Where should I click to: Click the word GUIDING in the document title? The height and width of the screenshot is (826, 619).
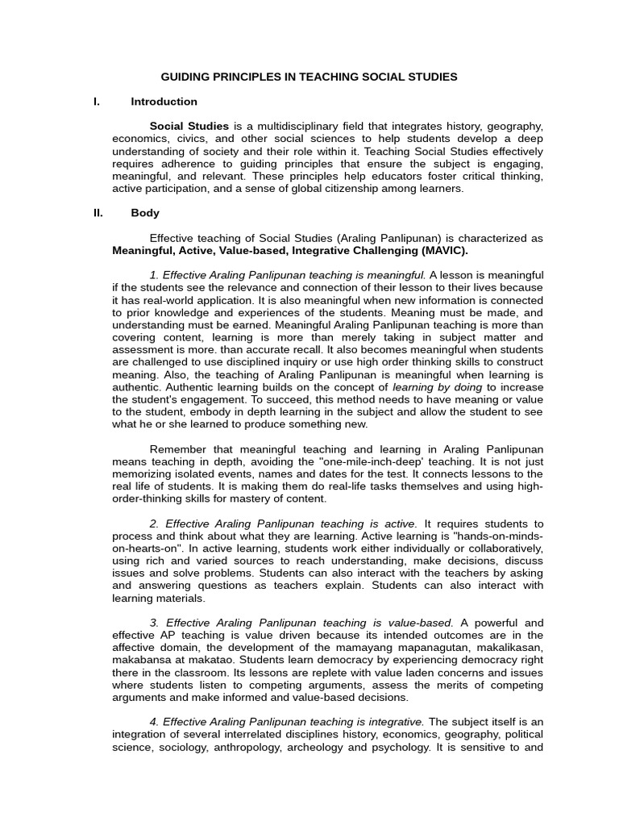pos(184,77)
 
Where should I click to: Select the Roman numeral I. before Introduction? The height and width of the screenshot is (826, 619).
pos(97,102)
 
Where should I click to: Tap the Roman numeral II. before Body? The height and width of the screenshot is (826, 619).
pos(98,213)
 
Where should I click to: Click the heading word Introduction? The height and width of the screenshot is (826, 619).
pos(164,102)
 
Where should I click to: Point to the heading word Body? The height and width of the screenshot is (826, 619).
pos(145,213)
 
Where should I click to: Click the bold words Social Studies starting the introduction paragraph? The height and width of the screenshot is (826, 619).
pos(189,127)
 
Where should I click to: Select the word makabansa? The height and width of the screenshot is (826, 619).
pos(143,660)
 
